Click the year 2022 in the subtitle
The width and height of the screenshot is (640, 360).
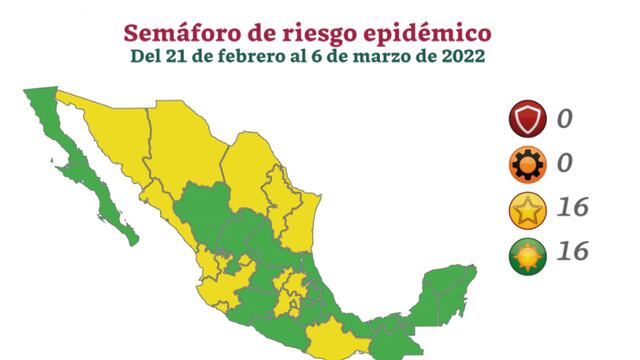point(463,55)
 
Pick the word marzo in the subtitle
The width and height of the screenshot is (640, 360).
point(373,55)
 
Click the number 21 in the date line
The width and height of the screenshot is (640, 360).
point(169,55)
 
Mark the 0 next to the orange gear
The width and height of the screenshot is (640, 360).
point(565,165)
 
